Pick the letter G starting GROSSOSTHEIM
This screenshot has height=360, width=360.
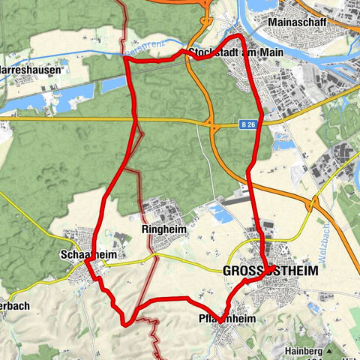click(227, 272)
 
